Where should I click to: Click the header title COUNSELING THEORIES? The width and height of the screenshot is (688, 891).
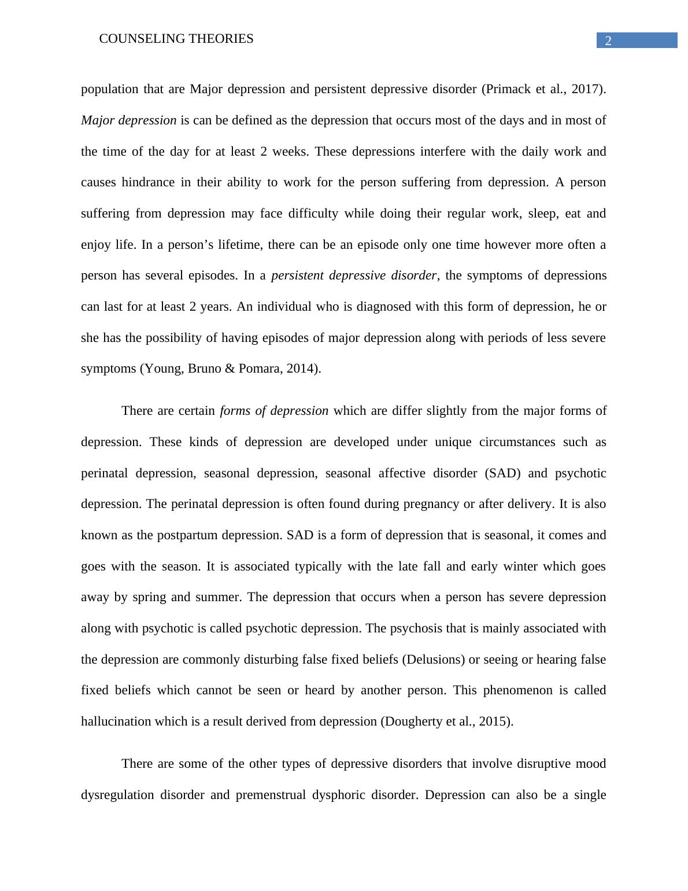pyautogui.click(x=176, y=39)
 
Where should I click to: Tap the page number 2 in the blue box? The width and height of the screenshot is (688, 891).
pyautogui.click(x=608, y=41)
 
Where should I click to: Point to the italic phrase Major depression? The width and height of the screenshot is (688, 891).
pyautogui.click(x=128, y=120)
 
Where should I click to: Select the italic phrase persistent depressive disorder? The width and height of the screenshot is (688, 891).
pyautogui.click(x=353, y=275)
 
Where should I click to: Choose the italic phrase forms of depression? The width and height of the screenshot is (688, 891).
pyautogui.click(x=274, y=411)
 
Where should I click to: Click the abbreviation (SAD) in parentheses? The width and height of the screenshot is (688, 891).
pyautogui.click(x=502, y=473)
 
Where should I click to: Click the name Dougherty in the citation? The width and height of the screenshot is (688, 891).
pyautogui.click(x=410, y=721)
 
